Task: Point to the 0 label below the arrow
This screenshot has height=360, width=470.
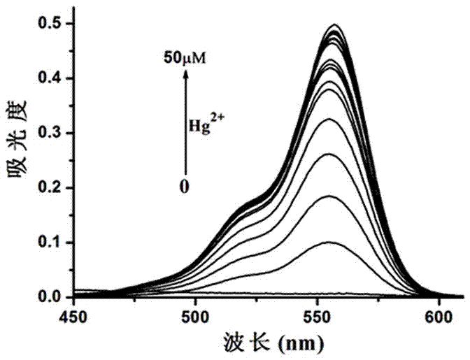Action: tap(185, 187)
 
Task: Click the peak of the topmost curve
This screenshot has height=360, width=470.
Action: tap(336, 24)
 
